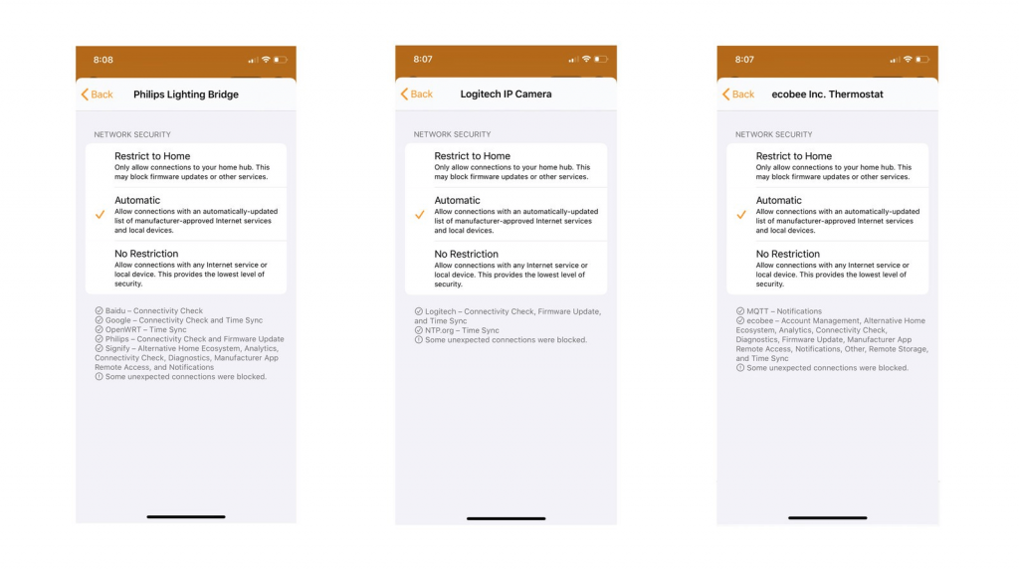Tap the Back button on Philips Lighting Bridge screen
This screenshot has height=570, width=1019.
point(97,95)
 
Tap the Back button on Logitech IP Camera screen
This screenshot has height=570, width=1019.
point(417,95)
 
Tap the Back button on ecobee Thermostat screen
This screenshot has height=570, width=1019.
point(738,95)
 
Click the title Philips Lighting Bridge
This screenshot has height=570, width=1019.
point(186,95)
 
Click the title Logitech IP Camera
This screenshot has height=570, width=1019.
point(506,95)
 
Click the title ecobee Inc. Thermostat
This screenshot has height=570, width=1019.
point(827,95)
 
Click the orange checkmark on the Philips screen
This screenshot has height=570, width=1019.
point(100,214)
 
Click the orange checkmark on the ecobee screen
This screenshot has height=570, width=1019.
point(741,214)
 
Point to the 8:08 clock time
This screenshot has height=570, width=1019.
point(103,60)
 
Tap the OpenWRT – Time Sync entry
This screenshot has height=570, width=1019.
point(145,330)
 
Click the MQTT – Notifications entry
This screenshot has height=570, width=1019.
point(784,311)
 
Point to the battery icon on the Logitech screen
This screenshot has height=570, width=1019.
point(601,60)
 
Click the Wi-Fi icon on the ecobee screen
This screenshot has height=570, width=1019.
point(908,60)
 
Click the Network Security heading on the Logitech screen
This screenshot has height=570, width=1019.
point(453,134)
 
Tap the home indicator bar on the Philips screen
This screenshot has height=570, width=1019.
point(185,516)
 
